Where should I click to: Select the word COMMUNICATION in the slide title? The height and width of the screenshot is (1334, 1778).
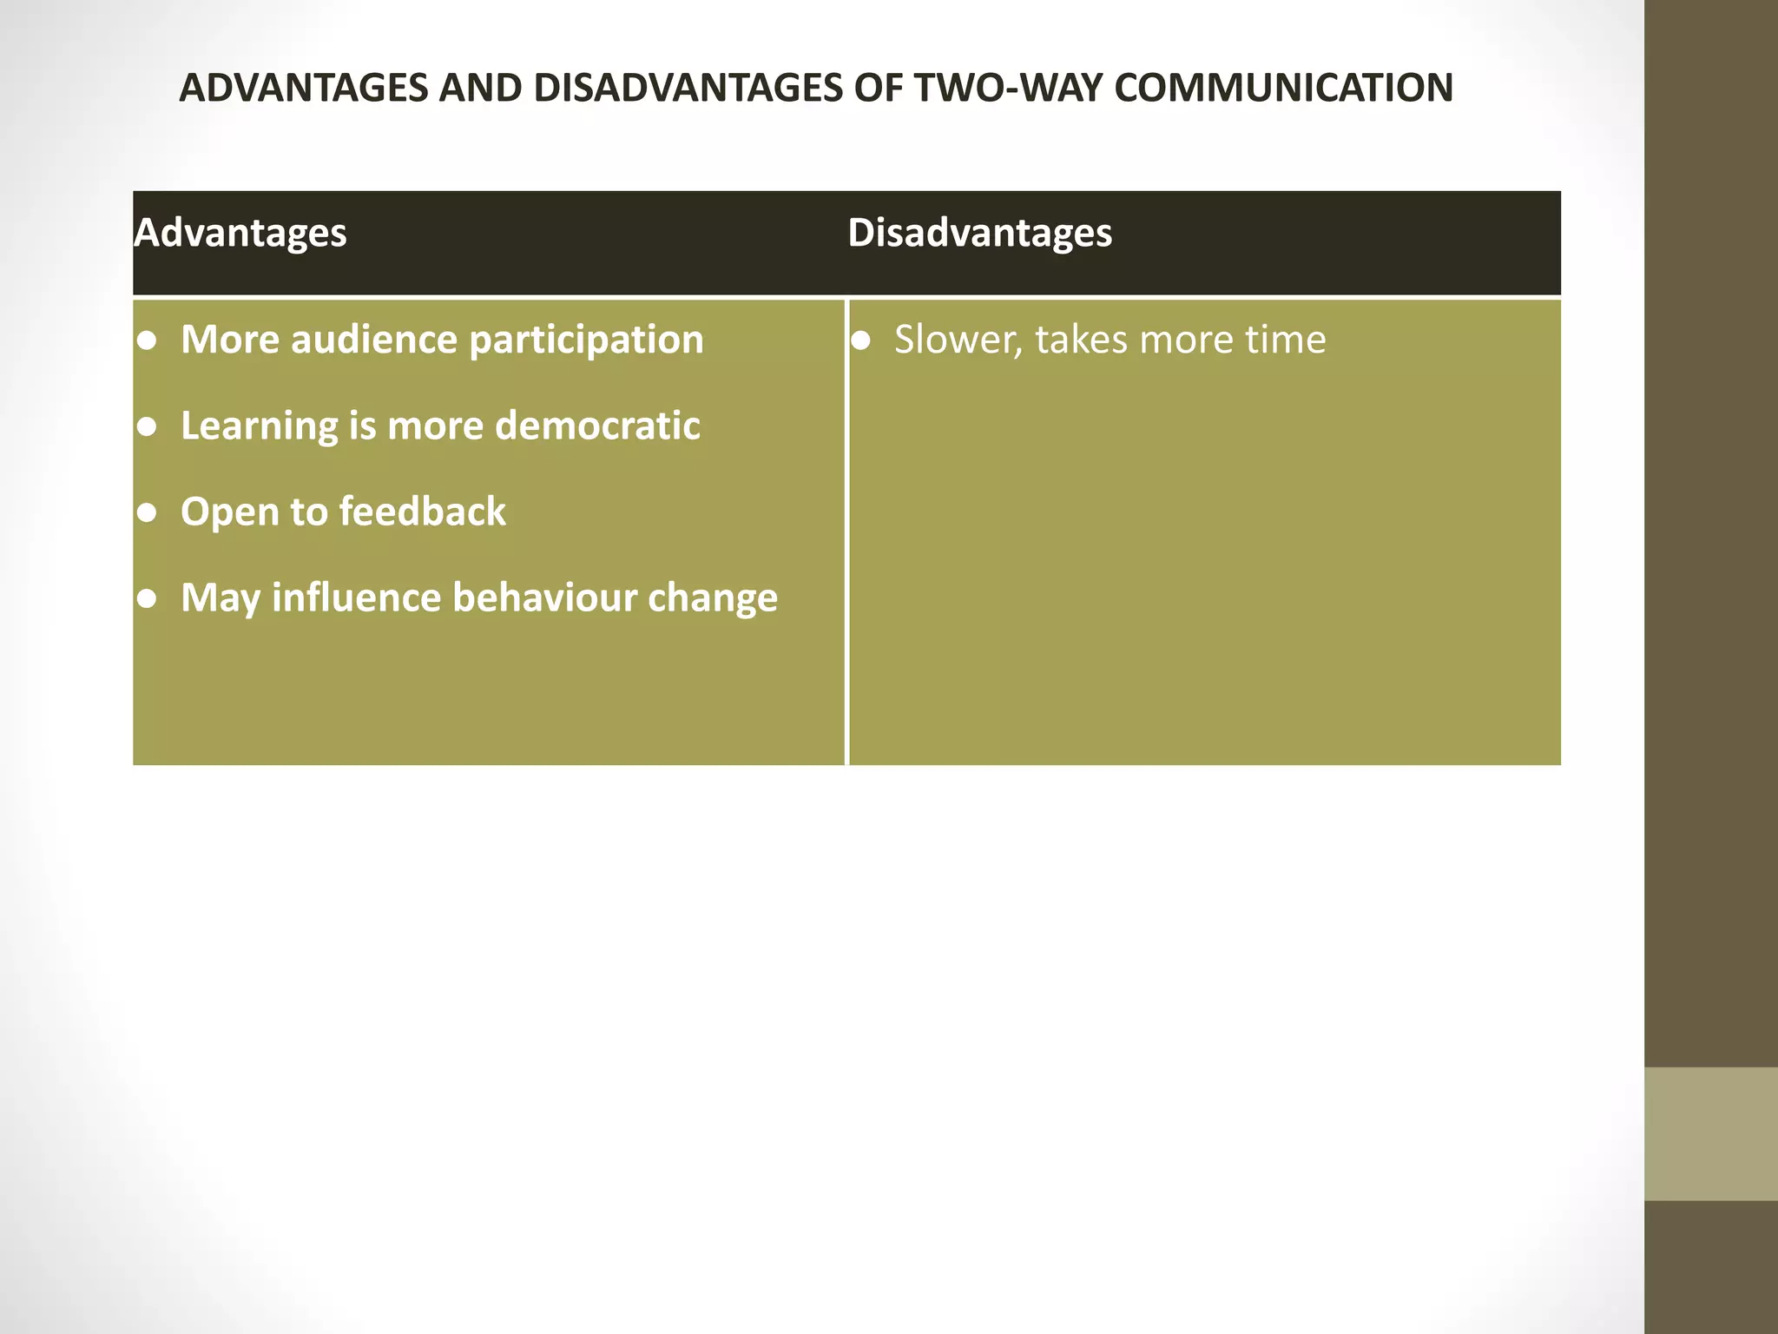point(1283,89)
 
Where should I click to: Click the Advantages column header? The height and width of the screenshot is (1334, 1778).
point(240,233)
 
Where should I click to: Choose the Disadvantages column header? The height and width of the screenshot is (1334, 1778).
point(979,233)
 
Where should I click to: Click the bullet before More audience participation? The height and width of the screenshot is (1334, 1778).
point(148,340)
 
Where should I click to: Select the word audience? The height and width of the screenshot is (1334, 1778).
point(374,340)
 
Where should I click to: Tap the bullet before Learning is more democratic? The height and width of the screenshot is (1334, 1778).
point(148,426)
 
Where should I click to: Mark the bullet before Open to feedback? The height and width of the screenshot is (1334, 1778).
point(148,512)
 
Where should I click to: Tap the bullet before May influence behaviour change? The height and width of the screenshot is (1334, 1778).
point(148,598)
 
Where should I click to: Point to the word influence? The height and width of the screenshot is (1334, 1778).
point(356,598)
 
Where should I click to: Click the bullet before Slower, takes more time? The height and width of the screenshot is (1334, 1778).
point(860,340)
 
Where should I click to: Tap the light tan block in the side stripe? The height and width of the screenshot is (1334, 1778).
point(1710,1133)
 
